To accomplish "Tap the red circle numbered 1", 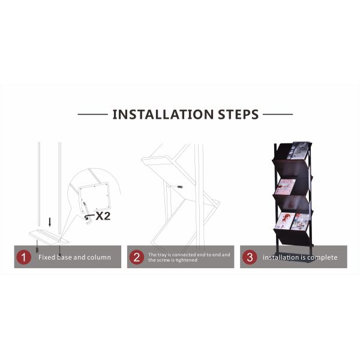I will [23, 257].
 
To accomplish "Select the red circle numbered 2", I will [137, 257].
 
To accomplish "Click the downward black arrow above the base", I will [50, 222].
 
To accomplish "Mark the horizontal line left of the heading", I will [92, 114].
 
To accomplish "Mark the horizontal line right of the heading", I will [278, 114].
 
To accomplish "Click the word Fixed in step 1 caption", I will [47, 258].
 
